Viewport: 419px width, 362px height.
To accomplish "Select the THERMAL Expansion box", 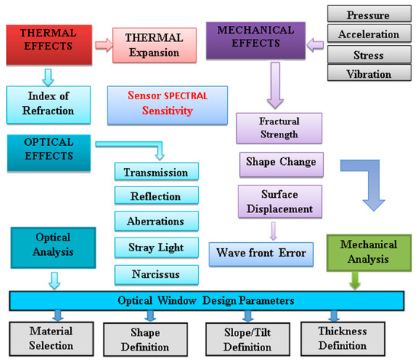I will (149, 46).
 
